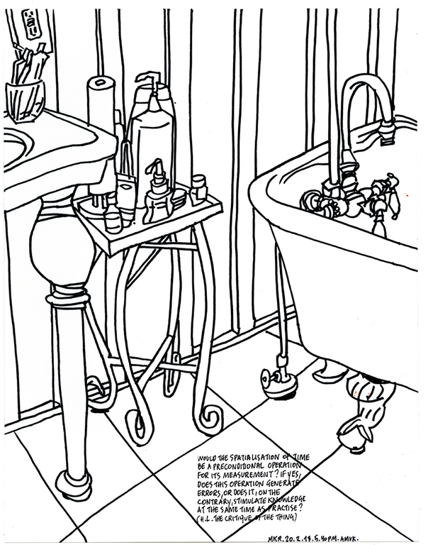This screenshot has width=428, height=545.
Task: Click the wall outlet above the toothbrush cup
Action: [x=33, y=24]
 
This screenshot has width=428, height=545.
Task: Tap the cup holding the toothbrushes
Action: [x=25, y=99]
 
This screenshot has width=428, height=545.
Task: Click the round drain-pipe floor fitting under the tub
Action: [x=277, y=384]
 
